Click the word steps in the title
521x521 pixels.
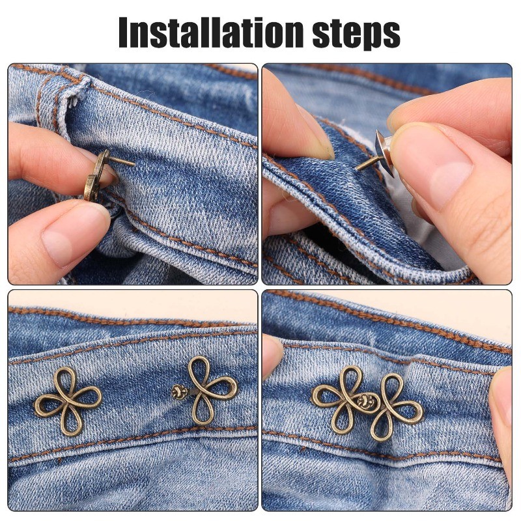pos(356,35)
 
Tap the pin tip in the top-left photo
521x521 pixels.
pos(134,164)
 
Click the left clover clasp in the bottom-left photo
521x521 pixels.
pos(68,401)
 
